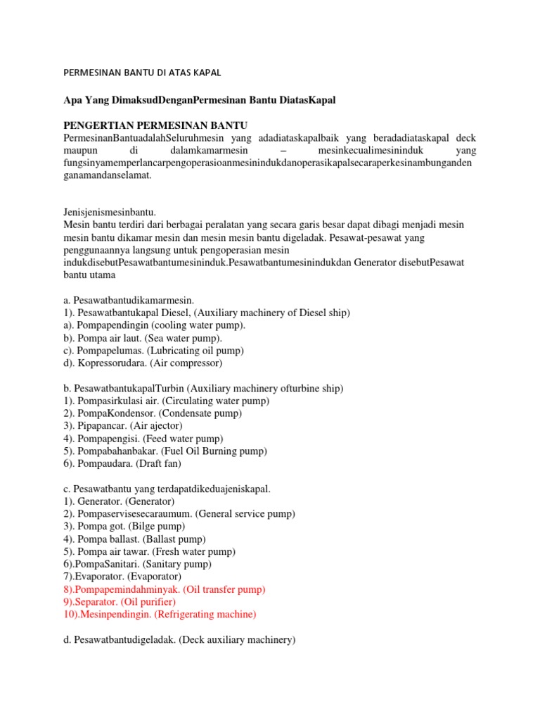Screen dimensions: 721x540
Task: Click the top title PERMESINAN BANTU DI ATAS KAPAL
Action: (143, 73)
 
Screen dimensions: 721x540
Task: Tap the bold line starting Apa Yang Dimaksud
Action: (200, 100)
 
